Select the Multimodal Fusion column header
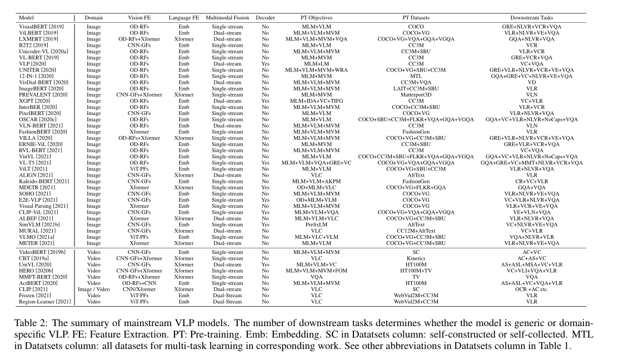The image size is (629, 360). tap(227, 18)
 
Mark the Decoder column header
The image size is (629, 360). tap(265, 18)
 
